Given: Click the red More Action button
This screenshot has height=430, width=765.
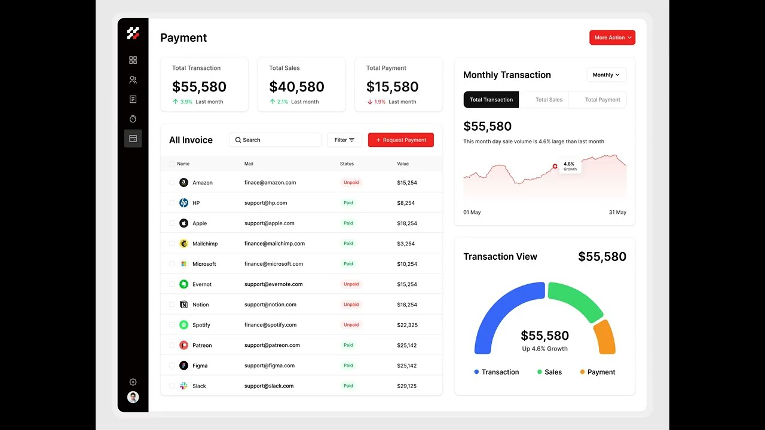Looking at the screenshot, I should [612, 38].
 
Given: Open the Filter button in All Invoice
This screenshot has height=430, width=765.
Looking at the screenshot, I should [344, 140].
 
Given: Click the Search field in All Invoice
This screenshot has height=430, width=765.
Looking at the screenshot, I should [275, 140].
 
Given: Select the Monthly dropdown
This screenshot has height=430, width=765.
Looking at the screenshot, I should [606, 75].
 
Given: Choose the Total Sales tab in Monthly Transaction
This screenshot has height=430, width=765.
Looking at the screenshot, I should [549, 100].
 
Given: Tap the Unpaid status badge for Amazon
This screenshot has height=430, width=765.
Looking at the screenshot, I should [351, 183].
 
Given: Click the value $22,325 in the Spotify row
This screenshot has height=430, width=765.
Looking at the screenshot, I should [407, 325].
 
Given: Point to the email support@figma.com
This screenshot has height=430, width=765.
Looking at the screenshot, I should [268, 365].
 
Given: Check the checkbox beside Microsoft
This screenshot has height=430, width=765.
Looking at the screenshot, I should [172, 264].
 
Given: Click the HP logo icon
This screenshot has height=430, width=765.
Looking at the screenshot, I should [183, 203].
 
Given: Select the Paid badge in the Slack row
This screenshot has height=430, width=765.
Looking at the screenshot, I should [348, 386].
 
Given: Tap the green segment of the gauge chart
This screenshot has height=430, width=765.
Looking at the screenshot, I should [574, 299].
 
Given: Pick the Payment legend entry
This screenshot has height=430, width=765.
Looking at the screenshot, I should [597, 372].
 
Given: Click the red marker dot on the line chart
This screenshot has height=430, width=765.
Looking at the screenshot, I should [555, 166].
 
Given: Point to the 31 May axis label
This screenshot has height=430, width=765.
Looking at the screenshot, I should [617, 213].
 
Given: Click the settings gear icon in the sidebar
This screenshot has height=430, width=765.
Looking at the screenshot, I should [133, 382].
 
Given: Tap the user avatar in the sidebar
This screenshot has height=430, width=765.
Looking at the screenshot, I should [133, 397].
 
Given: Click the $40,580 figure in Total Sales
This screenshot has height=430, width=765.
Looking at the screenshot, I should [296, 87].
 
